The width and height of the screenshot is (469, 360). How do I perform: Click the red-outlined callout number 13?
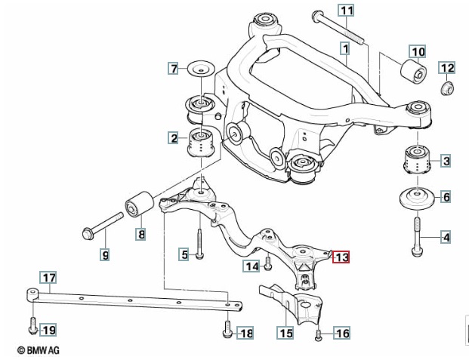click(341, 257)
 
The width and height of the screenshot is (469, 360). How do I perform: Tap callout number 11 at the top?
click(347, 11)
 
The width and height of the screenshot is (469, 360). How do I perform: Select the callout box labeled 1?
click(345, 48)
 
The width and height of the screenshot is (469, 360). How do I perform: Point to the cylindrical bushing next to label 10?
click(413, 72)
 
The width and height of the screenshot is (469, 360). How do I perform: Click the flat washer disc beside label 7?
click(201, 69)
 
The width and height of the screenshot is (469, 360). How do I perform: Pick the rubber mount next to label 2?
click(201, 143)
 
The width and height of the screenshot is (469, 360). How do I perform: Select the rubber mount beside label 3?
click(417, 159)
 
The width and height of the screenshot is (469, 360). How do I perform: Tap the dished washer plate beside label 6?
click(417, 198)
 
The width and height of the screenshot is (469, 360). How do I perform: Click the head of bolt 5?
click(200, 255)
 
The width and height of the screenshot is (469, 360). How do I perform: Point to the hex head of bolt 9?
click(88, 234)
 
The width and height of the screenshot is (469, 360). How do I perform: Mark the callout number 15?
click(286, 333)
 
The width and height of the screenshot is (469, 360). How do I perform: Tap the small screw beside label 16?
click(318, 335)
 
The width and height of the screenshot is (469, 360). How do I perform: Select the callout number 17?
click(48, 278)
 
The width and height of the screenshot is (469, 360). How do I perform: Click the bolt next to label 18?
click(227, 329)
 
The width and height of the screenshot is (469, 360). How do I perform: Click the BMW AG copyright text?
click(39, 350)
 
